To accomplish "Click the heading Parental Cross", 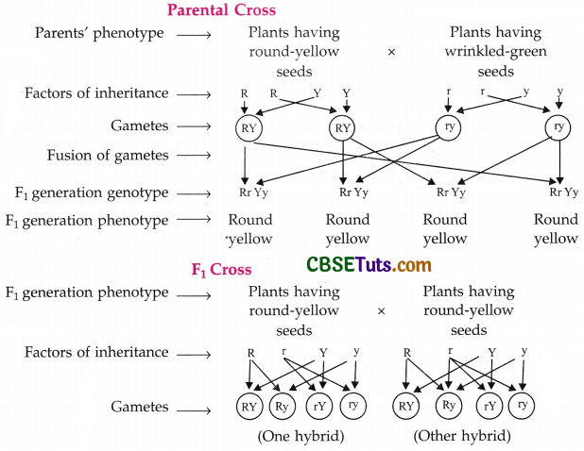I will [221, 10].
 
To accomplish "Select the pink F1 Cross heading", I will [221, 270].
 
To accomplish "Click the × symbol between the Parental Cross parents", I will [391, 53].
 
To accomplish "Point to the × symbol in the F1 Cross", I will [381, 310].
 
